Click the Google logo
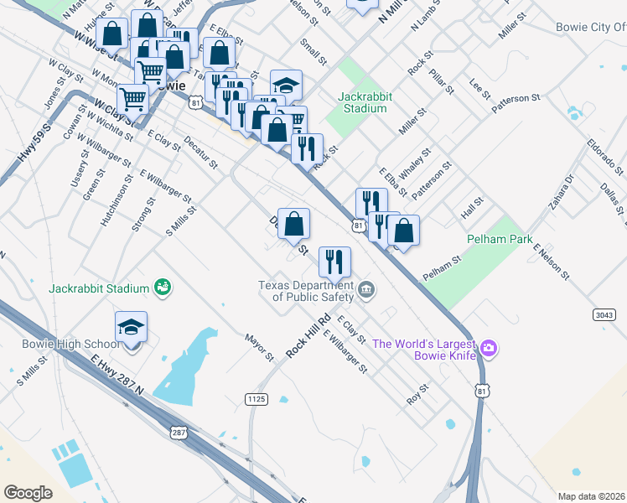(x=28, y=493)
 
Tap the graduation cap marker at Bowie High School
(x=131, y=325)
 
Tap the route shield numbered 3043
(x=604, y=314)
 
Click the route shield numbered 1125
(x=257, y=399)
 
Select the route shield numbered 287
(x=179, y=433)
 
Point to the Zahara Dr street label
(x=561, y=190)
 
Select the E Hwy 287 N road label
(x=117, y=377)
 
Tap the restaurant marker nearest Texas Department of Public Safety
(x=334, y=262)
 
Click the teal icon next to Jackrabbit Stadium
(x=162, y=288)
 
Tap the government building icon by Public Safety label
(x=365, y=291)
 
